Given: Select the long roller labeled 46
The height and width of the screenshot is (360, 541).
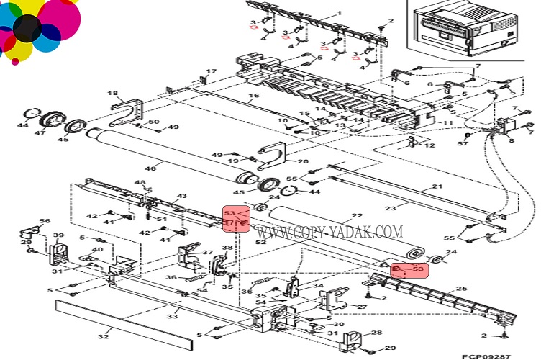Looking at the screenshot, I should pos(165,152).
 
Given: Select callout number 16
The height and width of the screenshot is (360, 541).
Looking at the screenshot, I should pos(253,96).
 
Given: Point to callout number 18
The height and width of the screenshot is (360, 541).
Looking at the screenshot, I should pos(112,94).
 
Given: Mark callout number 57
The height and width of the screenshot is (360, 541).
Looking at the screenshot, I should pos(464,143).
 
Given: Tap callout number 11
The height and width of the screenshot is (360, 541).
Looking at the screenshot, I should pos(447,124).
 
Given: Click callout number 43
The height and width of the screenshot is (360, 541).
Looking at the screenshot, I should pos(181,196).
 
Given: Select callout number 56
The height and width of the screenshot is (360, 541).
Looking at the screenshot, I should pos(45,221).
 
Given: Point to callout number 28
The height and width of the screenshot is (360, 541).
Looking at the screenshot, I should pos(379,333).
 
